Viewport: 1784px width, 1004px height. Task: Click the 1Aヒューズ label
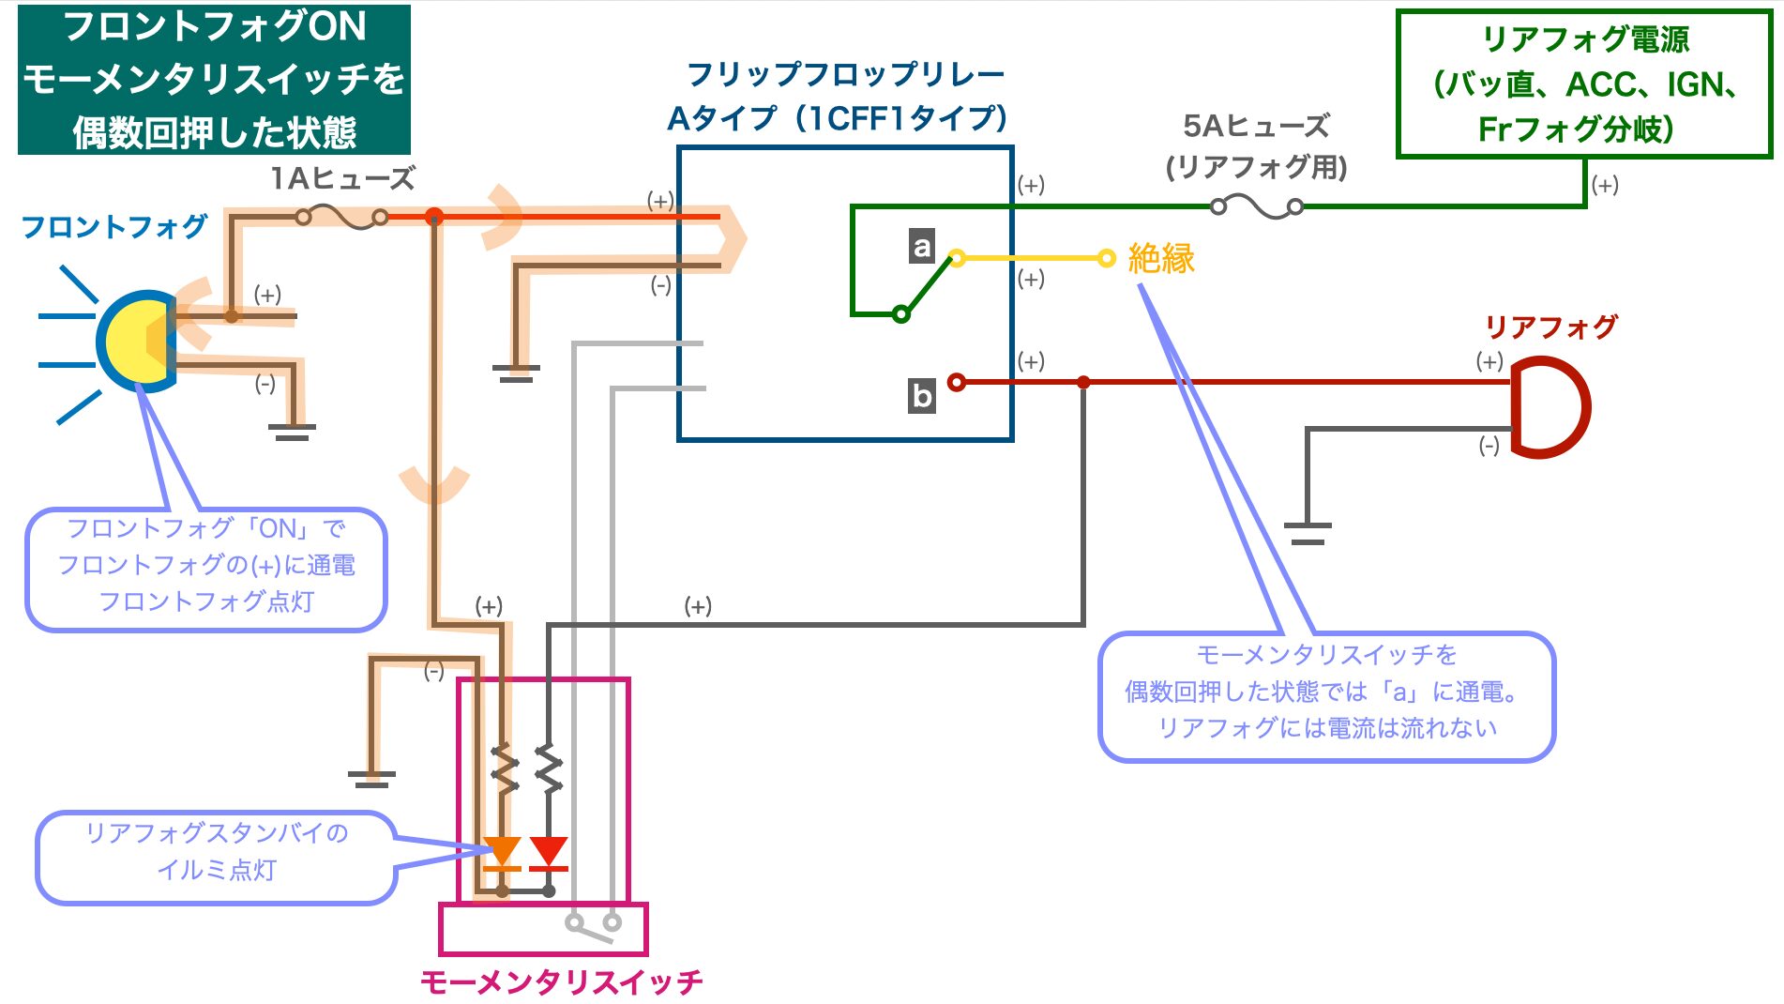(x=342, y=178)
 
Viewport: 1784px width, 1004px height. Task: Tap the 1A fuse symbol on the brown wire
(x=341, y=218)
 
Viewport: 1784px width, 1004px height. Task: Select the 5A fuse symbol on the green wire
(x=1257, y=206)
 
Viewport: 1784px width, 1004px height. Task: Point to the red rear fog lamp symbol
(x=1552, y=406)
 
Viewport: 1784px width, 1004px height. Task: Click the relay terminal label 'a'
(x=922, y=246)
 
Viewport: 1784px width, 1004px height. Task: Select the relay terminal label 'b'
(x=922, y=396)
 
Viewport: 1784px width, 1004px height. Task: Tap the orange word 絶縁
(x=1161, y=258)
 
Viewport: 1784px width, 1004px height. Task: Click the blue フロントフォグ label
(x=114, y=226)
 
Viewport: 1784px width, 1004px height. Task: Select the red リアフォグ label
(x=1551, y=327)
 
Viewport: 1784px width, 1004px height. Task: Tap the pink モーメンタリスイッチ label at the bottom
(x=561, y=981)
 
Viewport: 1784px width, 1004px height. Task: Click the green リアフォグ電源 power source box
(x=1584, y=84)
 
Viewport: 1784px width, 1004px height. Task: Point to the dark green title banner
(x=214, y=79)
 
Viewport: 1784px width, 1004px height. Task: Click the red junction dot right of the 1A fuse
(x=433, y=218)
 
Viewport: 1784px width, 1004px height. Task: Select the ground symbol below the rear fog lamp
(x=1308, y=533)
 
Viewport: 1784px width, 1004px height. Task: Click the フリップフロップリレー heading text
(x=845, y=74)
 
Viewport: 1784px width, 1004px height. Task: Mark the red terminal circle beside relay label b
(x=956, y=382)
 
